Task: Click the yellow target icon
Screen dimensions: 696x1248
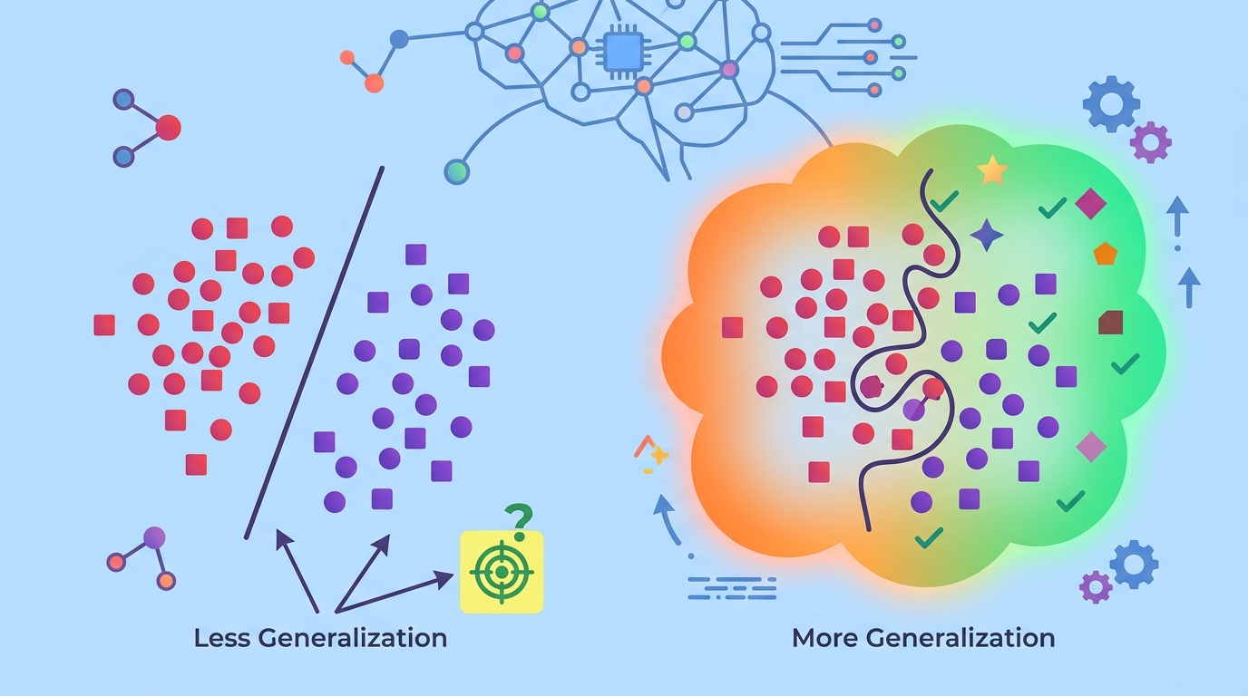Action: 502,572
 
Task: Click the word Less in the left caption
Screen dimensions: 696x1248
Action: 222,637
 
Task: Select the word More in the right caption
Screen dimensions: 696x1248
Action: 825,637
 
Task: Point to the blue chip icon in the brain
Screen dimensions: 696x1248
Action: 623,52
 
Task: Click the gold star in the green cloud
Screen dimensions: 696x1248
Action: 992,170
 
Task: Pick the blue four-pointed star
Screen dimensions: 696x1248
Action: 987,235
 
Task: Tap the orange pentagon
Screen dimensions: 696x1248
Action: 1104,254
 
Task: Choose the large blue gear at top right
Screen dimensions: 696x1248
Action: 1111,104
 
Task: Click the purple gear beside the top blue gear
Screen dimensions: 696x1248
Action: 1151,142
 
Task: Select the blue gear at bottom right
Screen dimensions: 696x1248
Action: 1134,564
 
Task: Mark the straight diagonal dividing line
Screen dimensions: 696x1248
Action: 314,353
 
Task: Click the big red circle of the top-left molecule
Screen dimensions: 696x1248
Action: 168,128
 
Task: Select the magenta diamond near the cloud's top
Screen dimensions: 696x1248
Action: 1090,204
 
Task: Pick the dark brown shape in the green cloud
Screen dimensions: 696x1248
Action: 1110,322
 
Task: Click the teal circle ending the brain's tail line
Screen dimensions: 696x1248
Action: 458,170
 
